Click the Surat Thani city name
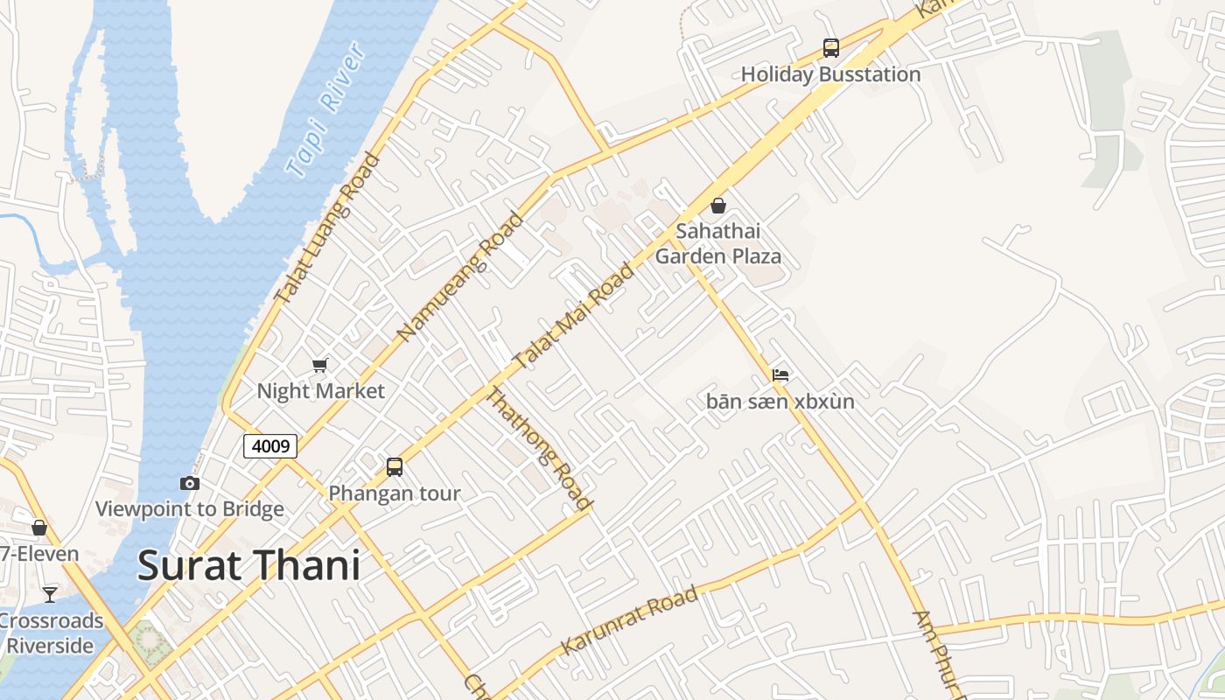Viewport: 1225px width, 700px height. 249,565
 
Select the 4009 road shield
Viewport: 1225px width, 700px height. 270,446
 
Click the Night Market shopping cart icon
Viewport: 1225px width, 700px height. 320,365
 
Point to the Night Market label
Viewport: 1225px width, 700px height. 320,391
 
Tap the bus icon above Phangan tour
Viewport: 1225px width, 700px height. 395,467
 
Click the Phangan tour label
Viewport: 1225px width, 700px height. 395,493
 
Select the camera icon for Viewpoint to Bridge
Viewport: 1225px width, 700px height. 189,483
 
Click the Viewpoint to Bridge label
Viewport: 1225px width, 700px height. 189,509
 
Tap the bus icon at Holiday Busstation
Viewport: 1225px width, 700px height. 830,48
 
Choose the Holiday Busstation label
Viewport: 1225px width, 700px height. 830,74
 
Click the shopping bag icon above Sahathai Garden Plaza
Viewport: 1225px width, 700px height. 718,206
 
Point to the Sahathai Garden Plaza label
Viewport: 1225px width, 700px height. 718,244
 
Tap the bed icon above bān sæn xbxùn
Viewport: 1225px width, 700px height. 780,375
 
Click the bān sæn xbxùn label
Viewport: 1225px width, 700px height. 780,402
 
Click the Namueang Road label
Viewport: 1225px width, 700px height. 459,277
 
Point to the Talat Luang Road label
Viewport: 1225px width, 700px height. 327,228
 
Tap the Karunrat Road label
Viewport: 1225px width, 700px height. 630,620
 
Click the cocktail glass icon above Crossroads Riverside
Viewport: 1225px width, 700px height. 50,595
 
